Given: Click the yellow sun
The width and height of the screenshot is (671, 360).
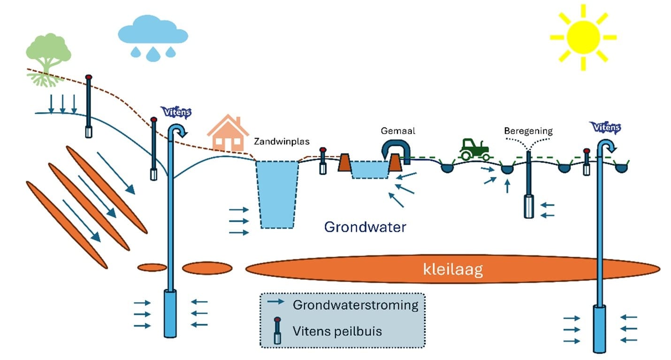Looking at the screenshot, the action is [583, 38].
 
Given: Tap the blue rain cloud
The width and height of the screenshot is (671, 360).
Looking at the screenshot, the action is [153, 30].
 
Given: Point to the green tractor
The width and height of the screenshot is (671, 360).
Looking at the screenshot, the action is [475, 149].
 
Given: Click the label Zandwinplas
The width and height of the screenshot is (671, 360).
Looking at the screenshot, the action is [282, 141].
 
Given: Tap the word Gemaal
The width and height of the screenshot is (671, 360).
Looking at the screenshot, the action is [398, 130].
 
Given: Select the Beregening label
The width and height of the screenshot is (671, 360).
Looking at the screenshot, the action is [528, 131].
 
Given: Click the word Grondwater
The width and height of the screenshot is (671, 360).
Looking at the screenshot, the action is [365, 227].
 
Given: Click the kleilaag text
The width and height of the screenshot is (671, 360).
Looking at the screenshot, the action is [453, 269].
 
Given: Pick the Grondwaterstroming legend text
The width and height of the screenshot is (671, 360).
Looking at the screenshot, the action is [356, 305].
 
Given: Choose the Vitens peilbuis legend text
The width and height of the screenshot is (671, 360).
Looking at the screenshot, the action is [337, 331].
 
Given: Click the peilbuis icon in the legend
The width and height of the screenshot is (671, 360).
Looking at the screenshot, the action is [277, 330].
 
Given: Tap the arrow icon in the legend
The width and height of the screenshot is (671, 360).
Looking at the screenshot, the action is [275, 301].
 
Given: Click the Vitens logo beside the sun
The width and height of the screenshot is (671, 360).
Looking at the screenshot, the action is [606, 127].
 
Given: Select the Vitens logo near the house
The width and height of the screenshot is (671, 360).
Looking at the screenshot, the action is [176, 112].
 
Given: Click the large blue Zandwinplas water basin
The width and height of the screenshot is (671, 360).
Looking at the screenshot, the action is [277, 195].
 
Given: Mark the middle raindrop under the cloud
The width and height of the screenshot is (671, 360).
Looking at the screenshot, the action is [153, 54].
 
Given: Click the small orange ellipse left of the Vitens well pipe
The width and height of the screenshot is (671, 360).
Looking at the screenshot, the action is [152, 267].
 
